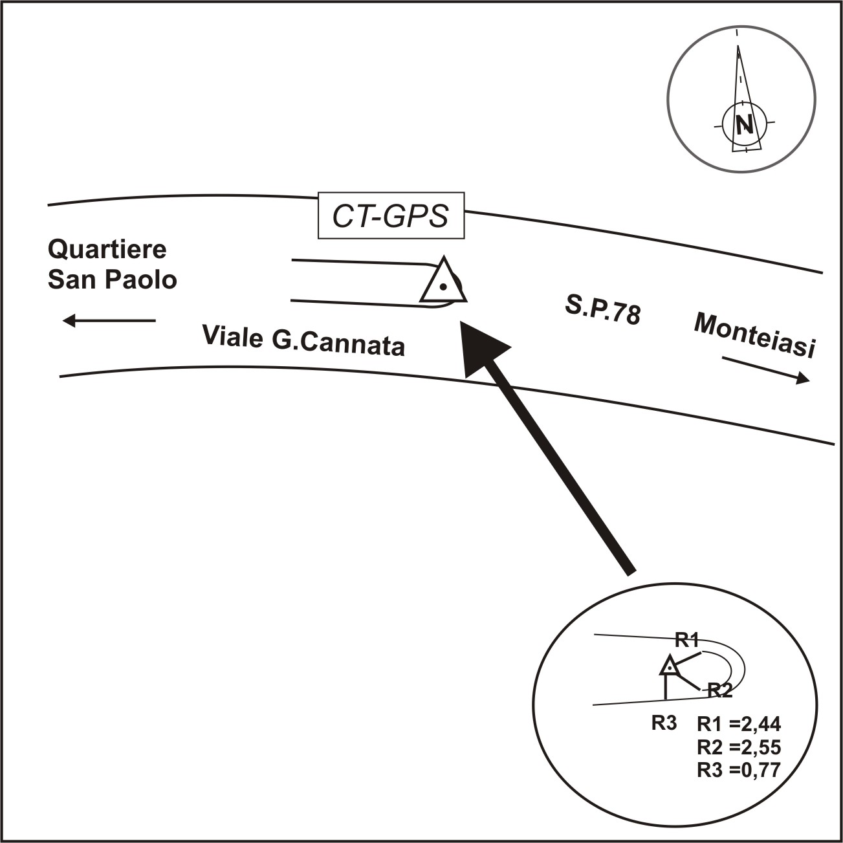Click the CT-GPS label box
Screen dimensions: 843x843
391,216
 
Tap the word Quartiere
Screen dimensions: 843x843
107,250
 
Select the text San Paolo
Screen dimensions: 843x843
113,279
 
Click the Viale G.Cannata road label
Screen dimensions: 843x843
303,340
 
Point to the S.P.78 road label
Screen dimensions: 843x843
602,311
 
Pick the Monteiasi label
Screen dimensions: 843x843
754,335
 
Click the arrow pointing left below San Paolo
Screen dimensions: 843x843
109,320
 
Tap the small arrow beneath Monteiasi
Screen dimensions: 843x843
766,369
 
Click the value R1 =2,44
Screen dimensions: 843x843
739,724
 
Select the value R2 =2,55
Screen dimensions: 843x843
739,747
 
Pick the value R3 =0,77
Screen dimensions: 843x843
739,770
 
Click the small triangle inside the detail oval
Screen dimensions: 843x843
670,666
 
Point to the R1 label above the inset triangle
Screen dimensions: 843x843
686,640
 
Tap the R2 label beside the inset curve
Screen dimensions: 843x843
719,690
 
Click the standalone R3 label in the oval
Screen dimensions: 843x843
664,723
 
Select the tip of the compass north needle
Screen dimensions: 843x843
738,47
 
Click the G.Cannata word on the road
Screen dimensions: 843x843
338,344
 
